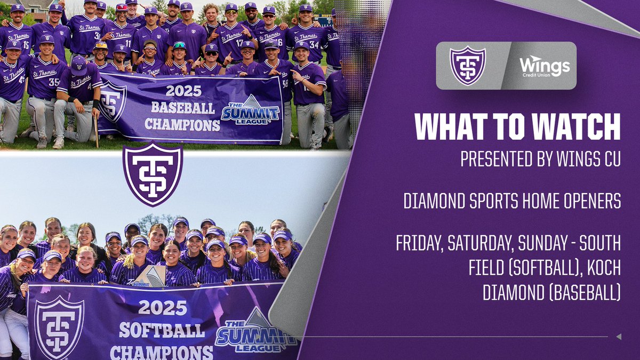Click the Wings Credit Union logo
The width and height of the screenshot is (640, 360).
pos(545,66)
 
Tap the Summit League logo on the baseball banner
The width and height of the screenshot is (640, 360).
pos(251,113)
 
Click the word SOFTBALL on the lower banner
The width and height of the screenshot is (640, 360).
pos(161,330)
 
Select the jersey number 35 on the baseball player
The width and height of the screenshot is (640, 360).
pos(54,82)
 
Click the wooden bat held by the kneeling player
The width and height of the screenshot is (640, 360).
pos(97,130)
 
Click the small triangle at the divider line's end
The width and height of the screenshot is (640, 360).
pos(618,337)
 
